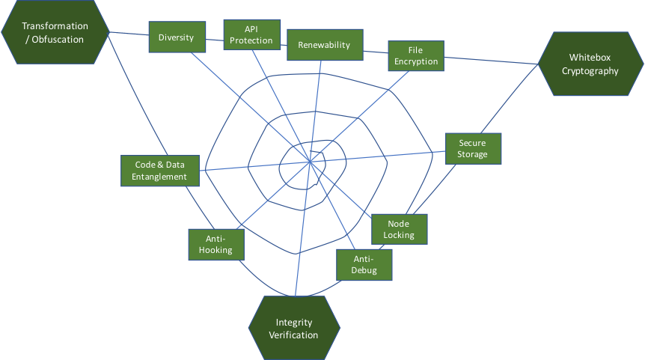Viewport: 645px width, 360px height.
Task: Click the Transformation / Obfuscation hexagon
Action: [x=55, y=33]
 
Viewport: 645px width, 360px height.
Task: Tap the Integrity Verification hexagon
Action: [x=294, y=328]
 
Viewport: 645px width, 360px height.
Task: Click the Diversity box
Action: [x=177, y=37]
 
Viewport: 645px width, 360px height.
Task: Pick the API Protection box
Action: [x=251, y=35]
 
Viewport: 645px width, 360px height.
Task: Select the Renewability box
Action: [x=324, y=45]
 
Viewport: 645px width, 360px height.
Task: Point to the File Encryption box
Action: [x=416, y=56]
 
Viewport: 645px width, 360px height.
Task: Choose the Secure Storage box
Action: [x=473, y=148]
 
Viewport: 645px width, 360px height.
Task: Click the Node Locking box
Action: [x=399, y=229]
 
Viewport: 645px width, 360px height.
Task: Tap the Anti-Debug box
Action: [x=364, y=264]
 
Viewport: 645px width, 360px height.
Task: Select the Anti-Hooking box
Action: [x=215, y=245]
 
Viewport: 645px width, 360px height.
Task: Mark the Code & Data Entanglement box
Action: [x=160, y=171]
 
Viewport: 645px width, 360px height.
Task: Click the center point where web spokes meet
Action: [x=310, y=160]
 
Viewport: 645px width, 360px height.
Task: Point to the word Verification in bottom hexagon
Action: [x=294, y=335]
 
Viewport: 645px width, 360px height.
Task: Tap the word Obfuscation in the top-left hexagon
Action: [x=55, y=40]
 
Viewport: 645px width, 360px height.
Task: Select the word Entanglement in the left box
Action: [x=160, y=177]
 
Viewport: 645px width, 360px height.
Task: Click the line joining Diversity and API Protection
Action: [x=214, y=39]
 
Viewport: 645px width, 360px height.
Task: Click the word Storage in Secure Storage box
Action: [x=473, y=154]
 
